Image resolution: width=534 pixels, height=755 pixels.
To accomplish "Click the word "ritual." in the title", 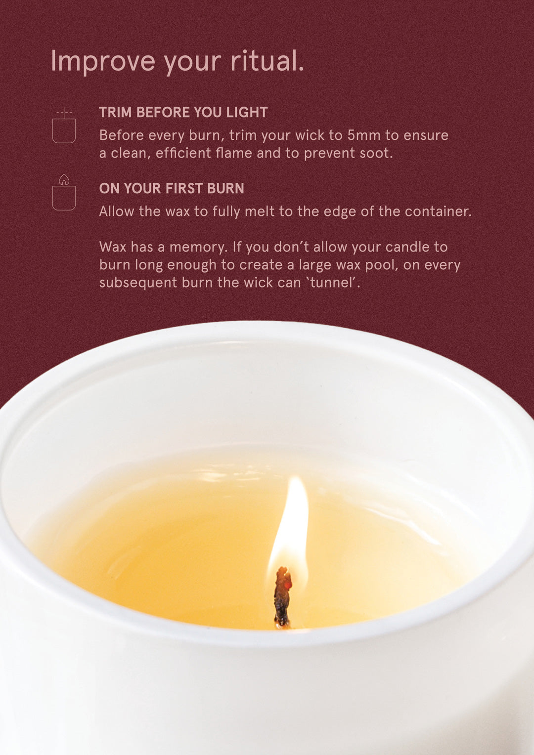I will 267,61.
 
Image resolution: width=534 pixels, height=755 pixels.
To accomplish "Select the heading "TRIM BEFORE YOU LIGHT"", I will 183,112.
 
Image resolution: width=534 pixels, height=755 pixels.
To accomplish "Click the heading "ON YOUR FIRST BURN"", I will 171,188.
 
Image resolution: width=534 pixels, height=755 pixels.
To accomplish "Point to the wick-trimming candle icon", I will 64,126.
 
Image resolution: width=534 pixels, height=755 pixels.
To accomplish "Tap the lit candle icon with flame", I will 64,193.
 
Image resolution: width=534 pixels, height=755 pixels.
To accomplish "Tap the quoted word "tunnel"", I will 334,283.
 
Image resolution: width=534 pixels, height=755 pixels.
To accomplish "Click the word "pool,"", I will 381,265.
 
